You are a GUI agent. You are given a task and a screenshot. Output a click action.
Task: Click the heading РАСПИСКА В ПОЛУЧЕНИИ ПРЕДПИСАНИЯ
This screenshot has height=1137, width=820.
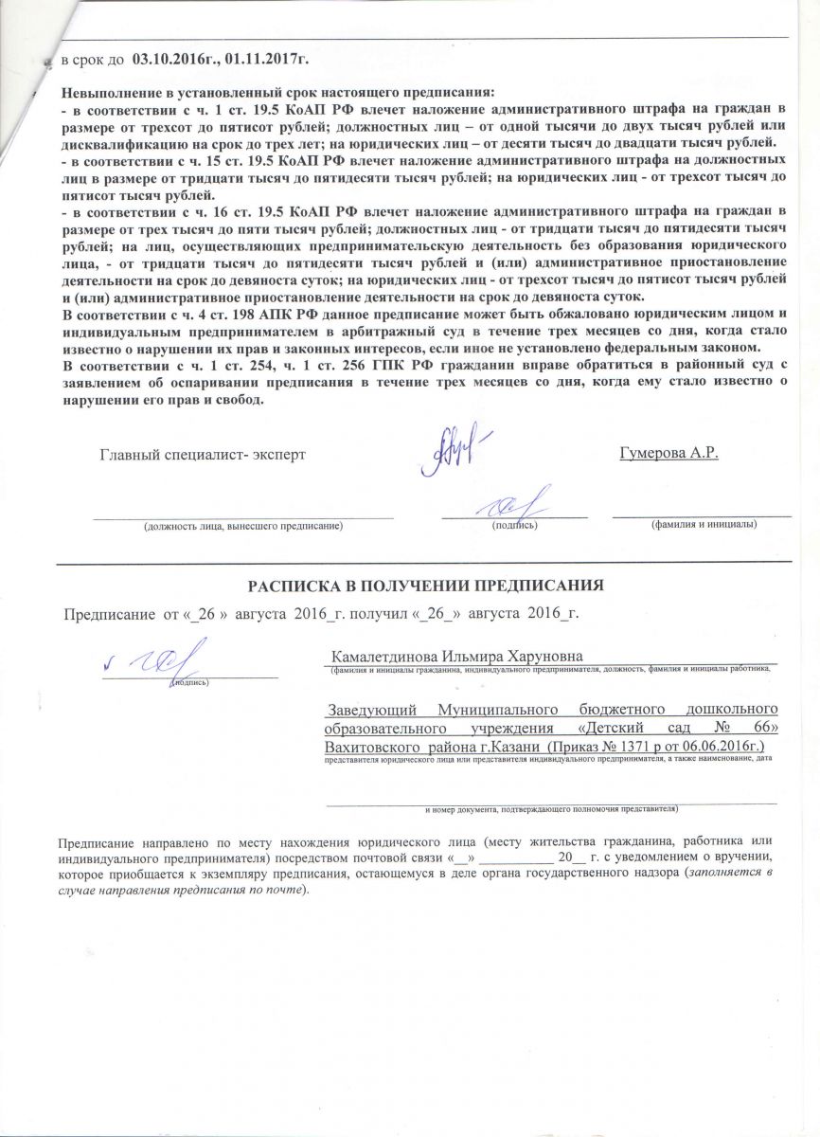(425, 585)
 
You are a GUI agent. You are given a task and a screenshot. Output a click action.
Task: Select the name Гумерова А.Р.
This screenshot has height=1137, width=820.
(669, 453)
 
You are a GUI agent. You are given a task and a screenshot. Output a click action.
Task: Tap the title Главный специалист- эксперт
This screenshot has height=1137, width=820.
(203, 454)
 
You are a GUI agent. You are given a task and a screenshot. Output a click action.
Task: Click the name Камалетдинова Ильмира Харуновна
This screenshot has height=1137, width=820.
(456, 657)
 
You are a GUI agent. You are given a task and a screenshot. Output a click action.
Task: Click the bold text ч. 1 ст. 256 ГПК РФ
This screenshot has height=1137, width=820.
(326, 366)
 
